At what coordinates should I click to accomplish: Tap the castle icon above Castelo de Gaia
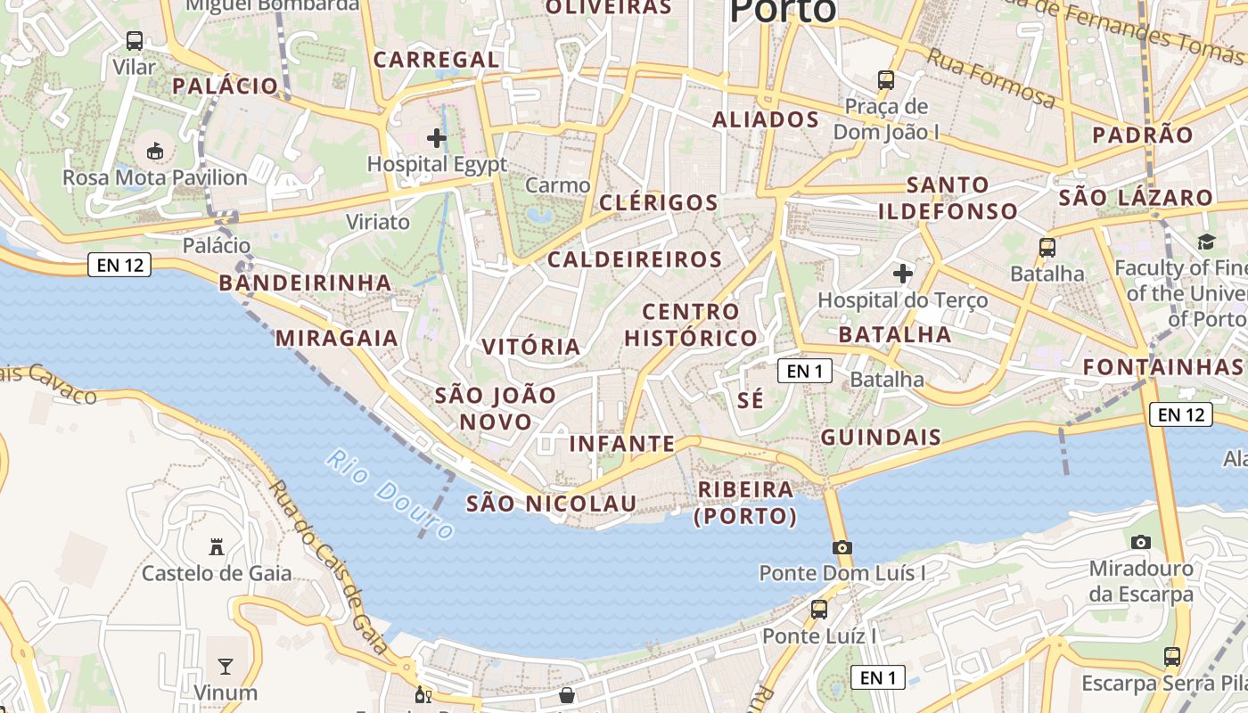click(x=216, y=546)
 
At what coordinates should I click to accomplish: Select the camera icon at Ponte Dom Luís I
click(x=842, y=547)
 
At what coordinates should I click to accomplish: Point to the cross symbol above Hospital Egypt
click(x=437, y=138)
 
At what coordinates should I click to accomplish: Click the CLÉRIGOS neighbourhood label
click(x=658, y=202)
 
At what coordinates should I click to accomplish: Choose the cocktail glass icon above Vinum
click(x=226, y=666)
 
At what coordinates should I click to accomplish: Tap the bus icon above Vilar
click(x=135, y=41)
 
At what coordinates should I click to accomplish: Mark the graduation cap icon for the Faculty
click(x=1206, y=242)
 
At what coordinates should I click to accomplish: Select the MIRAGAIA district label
click(x=337, y=338)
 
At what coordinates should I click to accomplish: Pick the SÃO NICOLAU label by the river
click(x=552, y=504)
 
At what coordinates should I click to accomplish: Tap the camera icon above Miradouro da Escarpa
click(x=1140, y=542)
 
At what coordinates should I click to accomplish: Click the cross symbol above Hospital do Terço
click(x=903, y=273)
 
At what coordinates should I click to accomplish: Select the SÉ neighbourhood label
click(x=751, y=400)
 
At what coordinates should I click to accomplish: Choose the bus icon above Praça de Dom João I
click(x=885, y=80)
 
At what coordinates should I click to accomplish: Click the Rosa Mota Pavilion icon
click(x=155, y=151)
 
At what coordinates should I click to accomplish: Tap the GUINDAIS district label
click(x=881, y=437)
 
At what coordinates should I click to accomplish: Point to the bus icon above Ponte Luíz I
click(x=819, y=610)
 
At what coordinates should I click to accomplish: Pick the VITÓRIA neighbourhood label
click(x=531, y=347)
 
